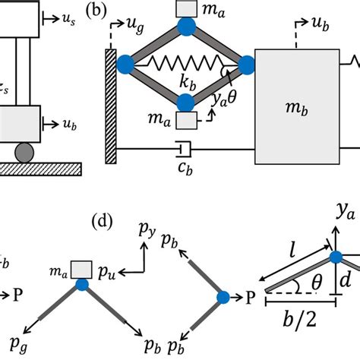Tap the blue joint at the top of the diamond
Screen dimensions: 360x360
click(185, 28)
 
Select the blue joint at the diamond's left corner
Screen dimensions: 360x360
click(127, 66)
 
